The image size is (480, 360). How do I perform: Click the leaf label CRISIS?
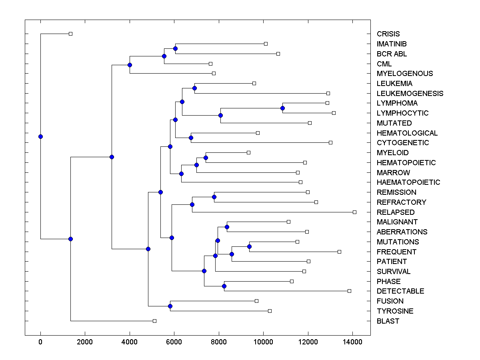pyautogui.click(x=388, y=34)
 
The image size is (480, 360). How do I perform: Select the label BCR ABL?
pyautogui.click(x=392, y=54)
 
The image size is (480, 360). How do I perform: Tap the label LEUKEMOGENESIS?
pyautogui.click(x=410, y=94)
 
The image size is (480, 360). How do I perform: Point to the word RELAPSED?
pyautogui.click(x=396, y=212)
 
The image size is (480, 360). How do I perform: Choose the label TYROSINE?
pyautogui.click(x=395, y=311)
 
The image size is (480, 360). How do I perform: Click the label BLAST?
pyautogui.click(x=388, y=321)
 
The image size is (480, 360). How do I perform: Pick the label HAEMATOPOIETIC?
pyautogui.click(x=408, y=182)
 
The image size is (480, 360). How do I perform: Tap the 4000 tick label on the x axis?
pyautogui.click(x=130, y=342)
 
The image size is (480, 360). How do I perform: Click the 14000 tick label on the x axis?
pyautogui.click(x=352, y=342)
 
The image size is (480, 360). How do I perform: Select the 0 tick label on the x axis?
pyautogui.click(x=40, y=342)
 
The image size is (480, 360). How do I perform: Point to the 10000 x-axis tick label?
pyautogui.click(x=263, y=342)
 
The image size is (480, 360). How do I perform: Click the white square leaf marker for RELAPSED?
pyautogui.click(x=354, y=212)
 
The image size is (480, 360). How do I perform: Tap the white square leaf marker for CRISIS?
pyautogui.click(x=70, y=34)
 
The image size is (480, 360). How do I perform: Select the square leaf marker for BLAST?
pyautogui.click(x=154, y=321)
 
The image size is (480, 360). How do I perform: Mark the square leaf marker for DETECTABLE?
pyautogui.click(x=349, y=291)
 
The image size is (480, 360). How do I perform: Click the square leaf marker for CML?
pyautogui.click(x=210, y=64)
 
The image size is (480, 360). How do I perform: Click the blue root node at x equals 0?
pyautogui.click(x=40, y=136)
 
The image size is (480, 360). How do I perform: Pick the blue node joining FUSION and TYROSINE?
pyautogui.click(x=170, y=306)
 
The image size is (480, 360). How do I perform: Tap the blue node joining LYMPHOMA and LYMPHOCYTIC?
pyautogui.click(x=282, y=108)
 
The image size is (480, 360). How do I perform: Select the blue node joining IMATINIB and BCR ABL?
pyautogui.click(x=175, y=48)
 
